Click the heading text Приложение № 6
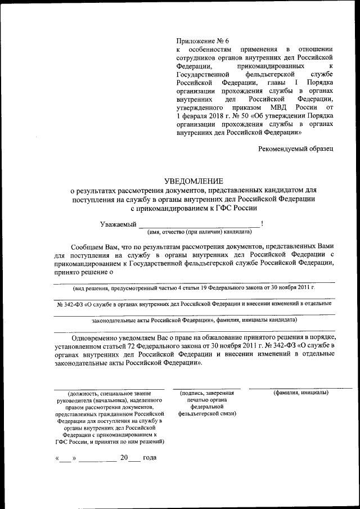(x=203, y=41)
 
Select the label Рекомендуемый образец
(x=296, y=148)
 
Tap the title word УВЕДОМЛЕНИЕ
(x=193, y=181)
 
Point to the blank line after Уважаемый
(x=200, y=226)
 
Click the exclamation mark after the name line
(x=262, y=224)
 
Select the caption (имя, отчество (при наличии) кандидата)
(x=199, y=231)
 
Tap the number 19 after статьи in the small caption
(x=197, y=287)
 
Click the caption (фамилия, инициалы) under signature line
(x=301, y=393)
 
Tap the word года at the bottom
(x=150, y=457)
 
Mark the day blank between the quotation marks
(x=66, y=458)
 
